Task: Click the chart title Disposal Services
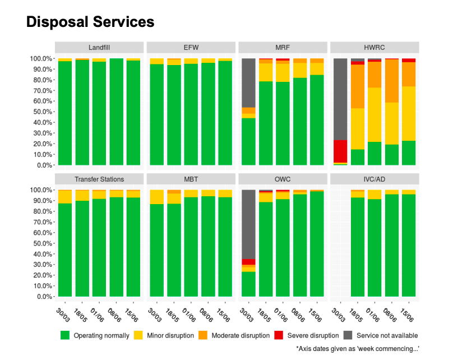pos(90,22)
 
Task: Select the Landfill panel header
pos(99,48)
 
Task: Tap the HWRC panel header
pos(374,48)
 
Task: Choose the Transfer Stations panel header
pos(99,179)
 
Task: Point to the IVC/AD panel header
pos(374,179)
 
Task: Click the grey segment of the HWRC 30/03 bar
pos(340,99)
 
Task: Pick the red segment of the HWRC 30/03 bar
pos(340,151)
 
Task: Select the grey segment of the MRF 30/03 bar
pos(248,83)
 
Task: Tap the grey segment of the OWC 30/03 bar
pos(248,224)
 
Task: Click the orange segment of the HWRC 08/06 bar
pos(392,81)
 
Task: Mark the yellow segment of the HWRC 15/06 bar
pos(409,113)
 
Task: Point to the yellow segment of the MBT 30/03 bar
pos(156,197)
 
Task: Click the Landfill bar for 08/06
pos(117,112)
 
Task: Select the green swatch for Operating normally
pos(65,335)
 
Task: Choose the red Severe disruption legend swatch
pos(279,335)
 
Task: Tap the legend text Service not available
pos(387,335)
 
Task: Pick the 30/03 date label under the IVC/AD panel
pos(339,315)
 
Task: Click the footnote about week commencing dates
pos(358,349)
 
